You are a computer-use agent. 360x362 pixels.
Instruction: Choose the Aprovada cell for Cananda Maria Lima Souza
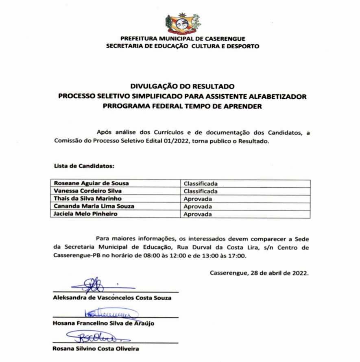[198, 206]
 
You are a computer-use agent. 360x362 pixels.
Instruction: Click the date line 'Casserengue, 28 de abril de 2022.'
[259, 273]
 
